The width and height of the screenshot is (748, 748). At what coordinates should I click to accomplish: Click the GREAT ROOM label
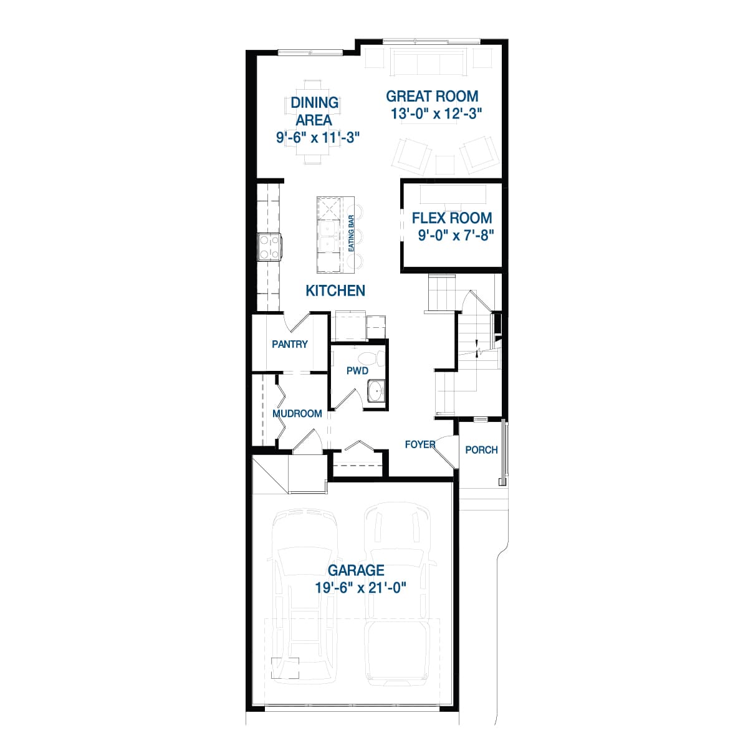[432, 97]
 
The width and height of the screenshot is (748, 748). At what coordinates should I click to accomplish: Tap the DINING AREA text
[314, 111]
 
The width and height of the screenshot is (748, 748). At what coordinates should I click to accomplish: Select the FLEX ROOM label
[452, 218]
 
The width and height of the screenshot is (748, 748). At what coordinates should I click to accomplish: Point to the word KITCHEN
[335, 290]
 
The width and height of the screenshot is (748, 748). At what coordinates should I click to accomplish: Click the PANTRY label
[290, 344]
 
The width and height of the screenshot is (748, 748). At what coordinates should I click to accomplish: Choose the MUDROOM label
[297, 413]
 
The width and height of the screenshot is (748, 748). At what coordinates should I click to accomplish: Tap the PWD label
[357, 371]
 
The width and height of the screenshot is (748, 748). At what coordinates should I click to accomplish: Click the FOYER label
[420, 444]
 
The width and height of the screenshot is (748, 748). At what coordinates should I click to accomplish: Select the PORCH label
[481, 449]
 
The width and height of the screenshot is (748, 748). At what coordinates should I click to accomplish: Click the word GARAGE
[356, 570]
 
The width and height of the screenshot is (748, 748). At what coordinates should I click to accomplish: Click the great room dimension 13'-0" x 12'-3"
[437, 114]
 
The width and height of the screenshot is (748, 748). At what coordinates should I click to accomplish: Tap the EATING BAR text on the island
[352, 233]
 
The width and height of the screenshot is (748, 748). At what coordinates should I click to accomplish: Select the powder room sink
[376, 392]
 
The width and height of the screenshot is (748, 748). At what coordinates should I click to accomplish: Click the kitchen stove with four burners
[270, 246]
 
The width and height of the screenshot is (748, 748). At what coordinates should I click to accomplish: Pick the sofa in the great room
[428, 62]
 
